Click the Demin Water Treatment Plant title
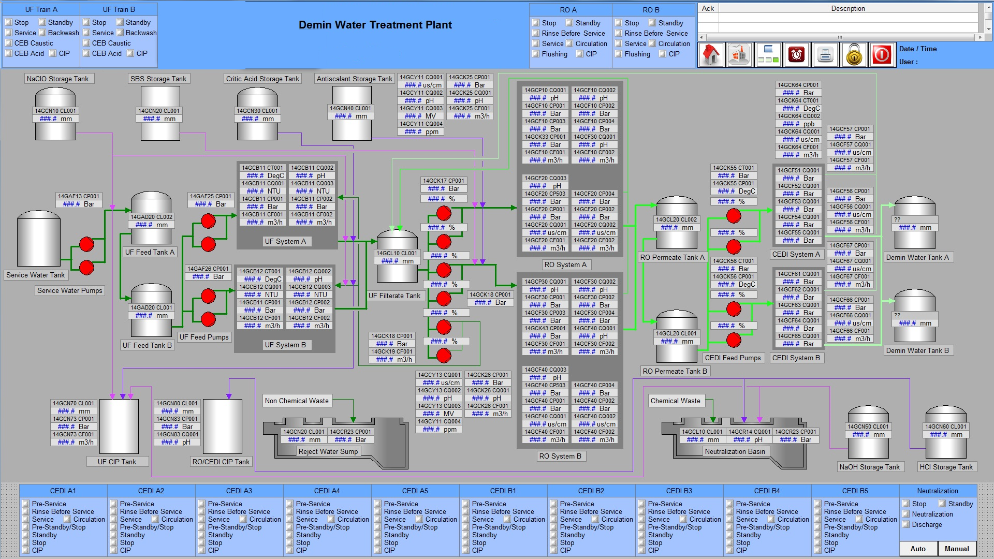[x=375, y=25]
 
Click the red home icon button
[x=711, y=54]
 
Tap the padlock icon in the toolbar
[x=854, y=54]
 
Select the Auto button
[x=918, y=549]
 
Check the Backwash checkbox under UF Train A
[x=42, y=33]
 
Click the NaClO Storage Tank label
[x=57, y=79]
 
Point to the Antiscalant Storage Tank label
[x=355, y=79]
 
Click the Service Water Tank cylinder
[x=39, y=238]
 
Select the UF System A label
[x=285, y=241]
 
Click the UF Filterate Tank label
[x=394, y=296]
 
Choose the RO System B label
[x=560, y=456]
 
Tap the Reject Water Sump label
[x=328, y=451]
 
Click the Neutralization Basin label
[x=735, y=451]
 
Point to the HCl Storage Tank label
[x=946, y=467]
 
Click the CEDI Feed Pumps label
[x=733, y=358]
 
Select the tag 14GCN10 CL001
[x=55, y=111]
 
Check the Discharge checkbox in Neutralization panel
[x=906, y=524]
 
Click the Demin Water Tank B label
[x=917, y=350]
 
